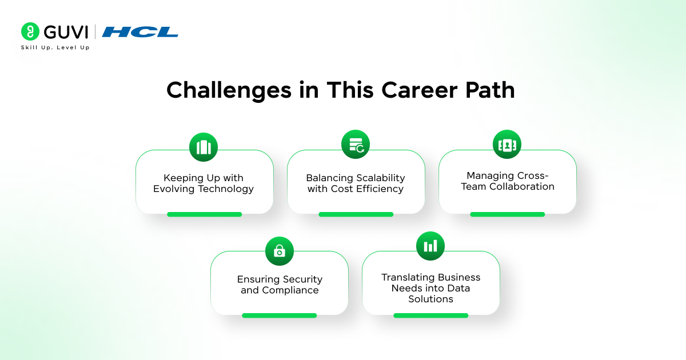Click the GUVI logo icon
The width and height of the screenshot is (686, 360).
(x=30, y=31)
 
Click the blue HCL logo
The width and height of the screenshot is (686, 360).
(x=140, y=32)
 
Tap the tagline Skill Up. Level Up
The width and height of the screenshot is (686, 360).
(x=55, y=47)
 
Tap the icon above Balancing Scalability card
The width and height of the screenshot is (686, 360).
(x=356, y=145)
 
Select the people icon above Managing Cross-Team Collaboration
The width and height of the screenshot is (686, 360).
(x=507, y=145)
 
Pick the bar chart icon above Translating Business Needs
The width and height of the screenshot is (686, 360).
(x=430, y=246)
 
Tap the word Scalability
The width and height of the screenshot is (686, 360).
(x=376, y=178)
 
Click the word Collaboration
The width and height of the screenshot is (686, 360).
(x=522, y=186)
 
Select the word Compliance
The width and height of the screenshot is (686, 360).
(x=290, y=290)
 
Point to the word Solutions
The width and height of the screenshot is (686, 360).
(x=430, y=299)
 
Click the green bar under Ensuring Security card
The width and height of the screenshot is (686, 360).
(x=279, y=315)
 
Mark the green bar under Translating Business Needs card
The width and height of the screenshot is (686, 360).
(x=430, y=315)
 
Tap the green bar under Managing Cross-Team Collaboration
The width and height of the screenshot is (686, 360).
(x=507, y=214)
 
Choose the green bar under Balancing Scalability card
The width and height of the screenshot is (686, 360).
(x=356, y=214)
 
